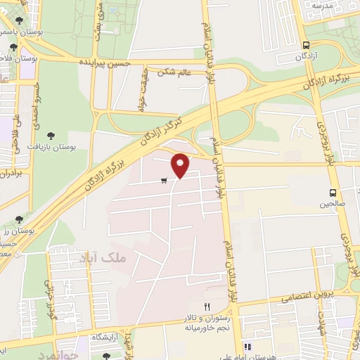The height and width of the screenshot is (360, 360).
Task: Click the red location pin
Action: coord(181,165)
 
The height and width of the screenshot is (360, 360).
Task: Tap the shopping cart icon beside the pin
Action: coord(164,181)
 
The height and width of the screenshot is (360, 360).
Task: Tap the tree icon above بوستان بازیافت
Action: coord(50,135)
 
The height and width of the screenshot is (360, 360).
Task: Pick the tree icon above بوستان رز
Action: coord(28,219)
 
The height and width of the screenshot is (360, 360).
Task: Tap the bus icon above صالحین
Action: coord(333,192)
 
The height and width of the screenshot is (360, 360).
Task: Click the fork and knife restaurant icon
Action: coord(207,307)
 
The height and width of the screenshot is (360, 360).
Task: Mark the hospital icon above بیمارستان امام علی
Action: coord(247,347)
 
